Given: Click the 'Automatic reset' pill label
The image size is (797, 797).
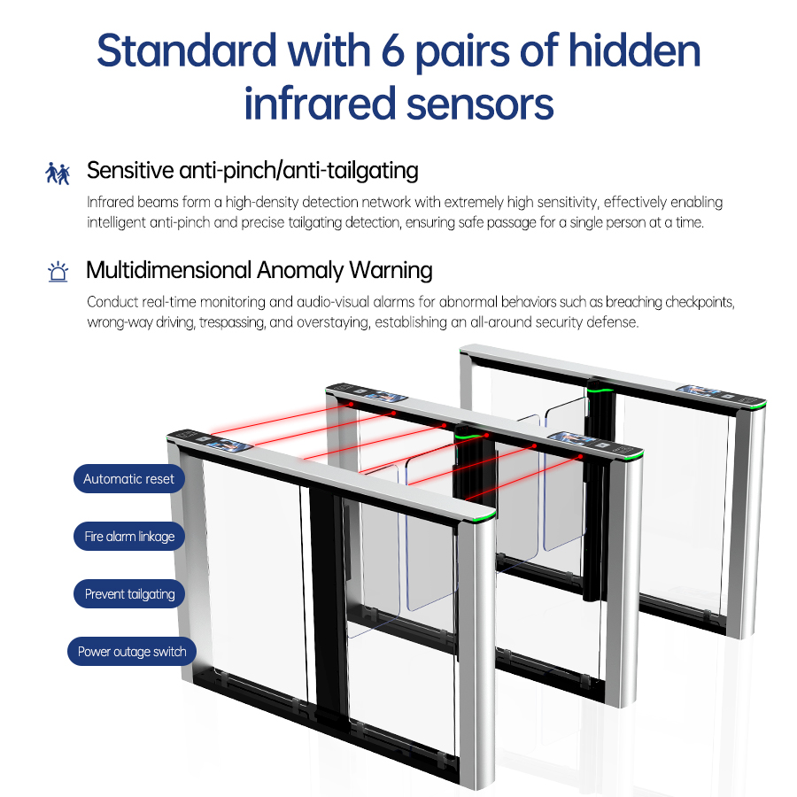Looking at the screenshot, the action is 129,479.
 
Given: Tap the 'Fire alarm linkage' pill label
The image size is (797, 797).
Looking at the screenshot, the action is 129,537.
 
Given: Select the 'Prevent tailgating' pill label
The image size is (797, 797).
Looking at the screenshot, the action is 129,593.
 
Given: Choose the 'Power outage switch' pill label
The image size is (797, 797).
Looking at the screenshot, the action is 132,652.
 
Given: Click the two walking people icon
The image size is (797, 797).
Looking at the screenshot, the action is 58,174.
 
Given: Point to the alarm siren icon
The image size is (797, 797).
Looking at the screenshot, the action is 58,272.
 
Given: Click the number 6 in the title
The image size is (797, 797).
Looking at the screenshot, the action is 392,51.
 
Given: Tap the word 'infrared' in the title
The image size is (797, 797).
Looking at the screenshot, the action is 320,104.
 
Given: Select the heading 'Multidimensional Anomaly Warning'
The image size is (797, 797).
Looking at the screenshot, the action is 259,270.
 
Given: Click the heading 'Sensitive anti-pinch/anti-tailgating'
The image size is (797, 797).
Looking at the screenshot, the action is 252,170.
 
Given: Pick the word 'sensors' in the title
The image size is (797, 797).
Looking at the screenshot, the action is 480,104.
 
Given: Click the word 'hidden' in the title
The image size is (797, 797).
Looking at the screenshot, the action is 634,50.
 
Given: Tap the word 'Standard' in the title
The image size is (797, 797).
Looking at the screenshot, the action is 187,50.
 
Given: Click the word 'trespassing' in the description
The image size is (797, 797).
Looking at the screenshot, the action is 232,322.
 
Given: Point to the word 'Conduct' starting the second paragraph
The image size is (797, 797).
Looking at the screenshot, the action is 112,302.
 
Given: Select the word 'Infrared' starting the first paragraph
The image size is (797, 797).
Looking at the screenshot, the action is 111,202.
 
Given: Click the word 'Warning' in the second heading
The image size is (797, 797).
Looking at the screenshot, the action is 391,270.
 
